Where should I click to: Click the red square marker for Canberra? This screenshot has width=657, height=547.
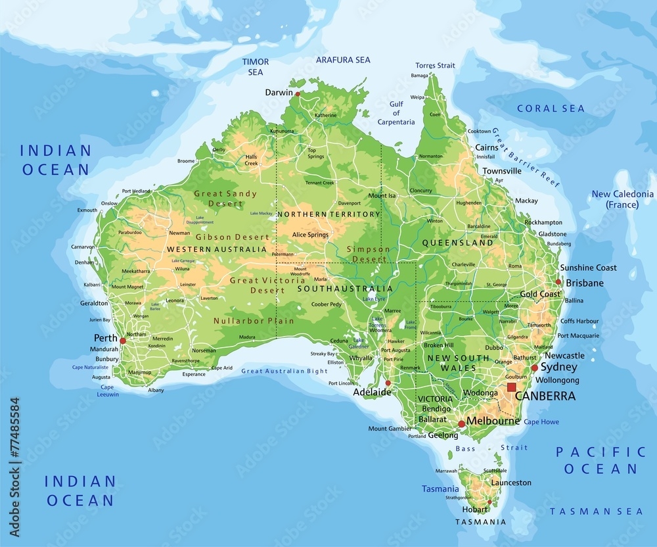tap(511, 387)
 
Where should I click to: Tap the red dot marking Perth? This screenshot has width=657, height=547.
tap(122, 341)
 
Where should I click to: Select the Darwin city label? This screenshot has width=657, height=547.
tap(279, 93)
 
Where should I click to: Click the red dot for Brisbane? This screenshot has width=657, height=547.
tap(558, 281)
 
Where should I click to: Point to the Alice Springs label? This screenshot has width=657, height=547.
tap(310, 235)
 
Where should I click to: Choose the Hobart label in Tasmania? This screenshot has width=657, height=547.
tap(475, 509)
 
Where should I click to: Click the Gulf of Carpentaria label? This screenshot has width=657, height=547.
tap(396, 113)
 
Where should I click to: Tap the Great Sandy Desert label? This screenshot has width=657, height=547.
tap(225, 198)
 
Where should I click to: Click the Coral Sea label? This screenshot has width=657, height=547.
tap(551, 108)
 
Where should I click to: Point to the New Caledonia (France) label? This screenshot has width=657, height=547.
tap(622, 199)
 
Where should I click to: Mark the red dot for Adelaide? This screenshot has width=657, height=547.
tap(388, 383)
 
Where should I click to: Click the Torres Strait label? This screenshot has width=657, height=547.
tap(435, 65)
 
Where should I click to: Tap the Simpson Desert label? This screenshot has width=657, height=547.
tap(368, 254)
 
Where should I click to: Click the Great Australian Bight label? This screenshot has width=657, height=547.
tap(284, 371)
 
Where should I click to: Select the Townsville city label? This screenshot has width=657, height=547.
tap(502, 171)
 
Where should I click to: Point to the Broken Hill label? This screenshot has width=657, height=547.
tap(439, 345)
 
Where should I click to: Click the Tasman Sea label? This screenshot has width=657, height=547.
tap(596, 511)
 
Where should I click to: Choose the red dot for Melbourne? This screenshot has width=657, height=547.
tap(461, 424)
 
